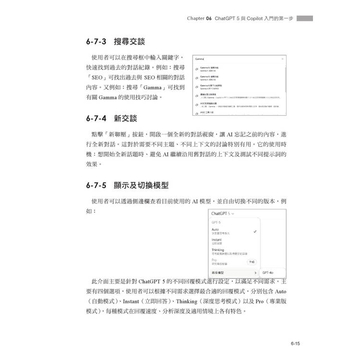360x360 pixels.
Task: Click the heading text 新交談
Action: [x=125, y=118]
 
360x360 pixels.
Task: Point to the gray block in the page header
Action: [x=304, y=18]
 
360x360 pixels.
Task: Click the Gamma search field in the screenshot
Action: [x=230, y=59]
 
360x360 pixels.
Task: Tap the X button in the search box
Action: [x=282, y=59]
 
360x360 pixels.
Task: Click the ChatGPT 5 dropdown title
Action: [x=223, y=213]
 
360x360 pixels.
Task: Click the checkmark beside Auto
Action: [x=255, y=231]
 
